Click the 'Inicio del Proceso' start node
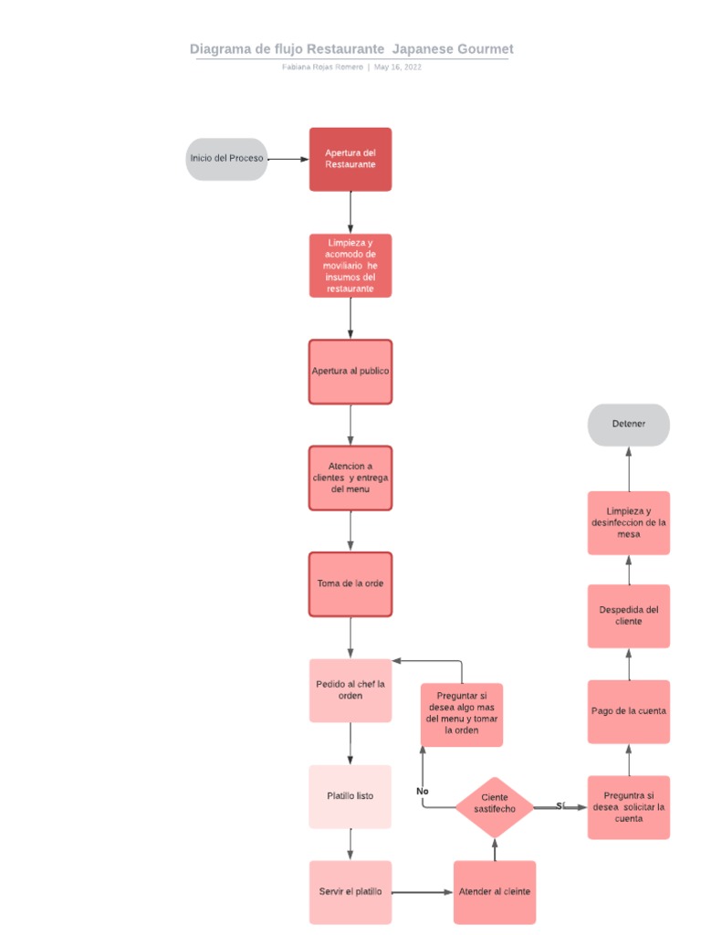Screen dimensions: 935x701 click(226, 159)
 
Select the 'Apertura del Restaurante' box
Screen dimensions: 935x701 click(350, 159)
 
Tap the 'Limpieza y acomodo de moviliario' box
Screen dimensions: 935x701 click(350, 266)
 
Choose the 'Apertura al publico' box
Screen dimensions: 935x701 click(350, 372)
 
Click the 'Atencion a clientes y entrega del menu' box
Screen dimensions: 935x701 click(350, 478)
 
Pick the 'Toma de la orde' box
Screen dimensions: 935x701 click(350, 583)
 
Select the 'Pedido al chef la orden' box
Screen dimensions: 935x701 click(350, 690)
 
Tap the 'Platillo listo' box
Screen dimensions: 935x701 click(350, 796)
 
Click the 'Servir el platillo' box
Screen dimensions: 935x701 click(350, 892)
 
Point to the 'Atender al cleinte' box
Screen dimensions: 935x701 click(495, 892)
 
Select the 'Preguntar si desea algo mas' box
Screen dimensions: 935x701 click(462, 715)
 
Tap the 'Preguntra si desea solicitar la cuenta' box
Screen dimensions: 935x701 click(629, 807)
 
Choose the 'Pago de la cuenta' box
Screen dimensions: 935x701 click(629, 711)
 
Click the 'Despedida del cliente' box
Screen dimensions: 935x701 click(629, 615)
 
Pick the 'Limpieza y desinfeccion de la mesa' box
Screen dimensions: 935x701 click(629, 522)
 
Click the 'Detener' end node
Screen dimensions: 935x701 click(629, 425)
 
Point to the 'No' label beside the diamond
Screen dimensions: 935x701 click(423, 791)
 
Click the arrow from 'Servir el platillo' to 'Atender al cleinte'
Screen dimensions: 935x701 click(423, 892)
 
